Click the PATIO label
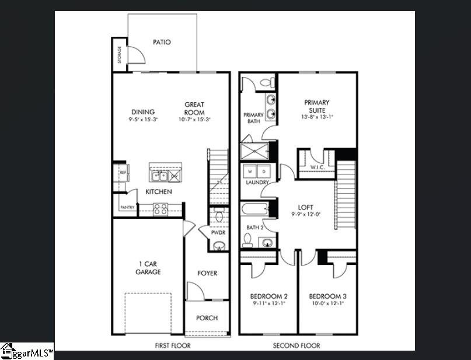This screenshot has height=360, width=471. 162,42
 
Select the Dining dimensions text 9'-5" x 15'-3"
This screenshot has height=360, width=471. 143,120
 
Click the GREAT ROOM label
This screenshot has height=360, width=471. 194,109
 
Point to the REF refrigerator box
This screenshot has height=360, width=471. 123,173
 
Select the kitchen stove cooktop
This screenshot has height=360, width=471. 161,208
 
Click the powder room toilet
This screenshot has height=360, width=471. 219,217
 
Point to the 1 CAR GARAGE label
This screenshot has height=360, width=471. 148,268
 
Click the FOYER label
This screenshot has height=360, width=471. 207,273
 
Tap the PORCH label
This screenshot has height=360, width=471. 207,318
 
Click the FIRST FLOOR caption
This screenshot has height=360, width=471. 172,345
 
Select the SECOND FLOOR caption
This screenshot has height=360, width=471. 296,345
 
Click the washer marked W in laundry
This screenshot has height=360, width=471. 251,172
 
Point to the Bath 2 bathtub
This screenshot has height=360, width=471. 254,209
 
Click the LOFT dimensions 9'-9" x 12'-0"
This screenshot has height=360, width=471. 306,214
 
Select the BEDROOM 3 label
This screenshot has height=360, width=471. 327,296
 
